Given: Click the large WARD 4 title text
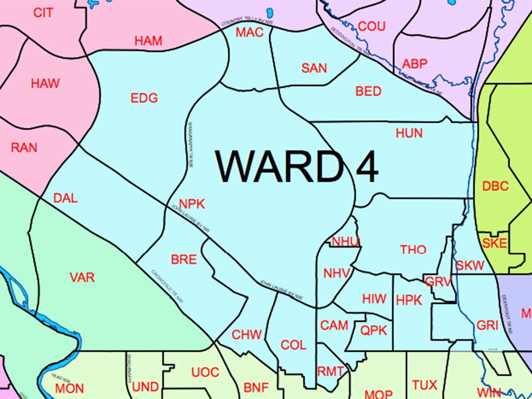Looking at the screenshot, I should pos(296,167).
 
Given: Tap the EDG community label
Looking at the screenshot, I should pos(144,98).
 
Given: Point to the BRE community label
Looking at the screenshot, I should pos(184,260).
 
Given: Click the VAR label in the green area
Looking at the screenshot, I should pos(82,277).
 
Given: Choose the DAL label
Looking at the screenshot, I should pos(65,198).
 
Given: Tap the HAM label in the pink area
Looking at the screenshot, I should pos(148,40).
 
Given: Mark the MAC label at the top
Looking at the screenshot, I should pos(250,32).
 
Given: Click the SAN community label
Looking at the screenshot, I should pos(314,68).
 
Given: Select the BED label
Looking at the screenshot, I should pos(368,92).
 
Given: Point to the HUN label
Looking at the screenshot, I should pos(409,133).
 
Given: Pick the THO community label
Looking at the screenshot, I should pos(413,250).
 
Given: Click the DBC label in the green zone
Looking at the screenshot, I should pos(495,186).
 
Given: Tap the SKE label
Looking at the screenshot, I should pos(495,244).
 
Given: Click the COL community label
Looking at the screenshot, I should pos(293,345).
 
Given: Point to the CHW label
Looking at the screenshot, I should pos(247,335).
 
